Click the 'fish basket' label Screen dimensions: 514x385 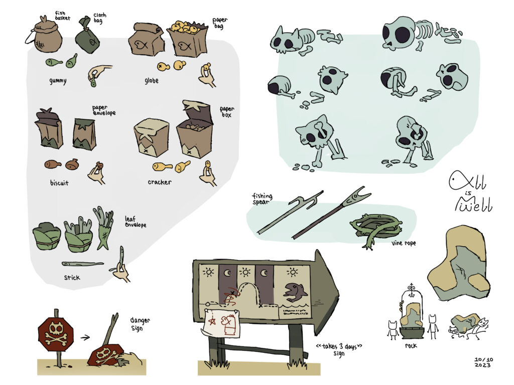(x=62, y=16)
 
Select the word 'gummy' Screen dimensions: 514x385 (x=58, y=81)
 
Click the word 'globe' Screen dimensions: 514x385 (x=152, y=81)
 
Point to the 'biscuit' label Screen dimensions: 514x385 (x=59, y=182)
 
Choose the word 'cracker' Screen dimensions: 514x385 (x=159, y=182)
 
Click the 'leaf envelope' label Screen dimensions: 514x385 (x=135, y=222)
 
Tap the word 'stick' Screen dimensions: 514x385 (x=72, y=278)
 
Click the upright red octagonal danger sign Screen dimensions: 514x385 (x=56, y=334)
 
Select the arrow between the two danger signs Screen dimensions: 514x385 (x=85, y=337)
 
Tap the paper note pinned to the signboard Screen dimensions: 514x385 (x=221, y=323)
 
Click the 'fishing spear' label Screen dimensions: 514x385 (x=262, y=199)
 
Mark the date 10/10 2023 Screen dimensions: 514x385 (x=483, y=362)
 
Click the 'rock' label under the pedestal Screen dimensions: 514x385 (x=411, y=345)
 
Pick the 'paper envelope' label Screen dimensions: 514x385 (x=103, y=110)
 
